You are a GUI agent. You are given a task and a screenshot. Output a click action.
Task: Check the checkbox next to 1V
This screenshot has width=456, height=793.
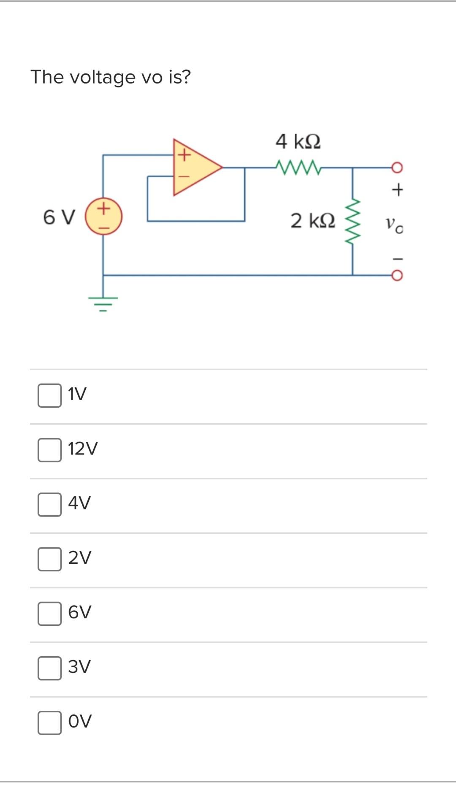point(49,395)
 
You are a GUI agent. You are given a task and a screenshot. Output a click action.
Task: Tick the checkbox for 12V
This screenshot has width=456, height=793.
point(49,450)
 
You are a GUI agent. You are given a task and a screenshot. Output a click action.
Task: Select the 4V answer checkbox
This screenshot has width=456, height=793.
point(49,504)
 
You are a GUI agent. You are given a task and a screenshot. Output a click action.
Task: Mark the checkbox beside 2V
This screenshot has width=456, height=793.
point(49,559)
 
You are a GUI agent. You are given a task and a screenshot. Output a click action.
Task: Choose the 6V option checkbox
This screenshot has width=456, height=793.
point(49,613)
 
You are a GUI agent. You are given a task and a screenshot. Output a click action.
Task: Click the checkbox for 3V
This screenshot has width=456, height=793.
point(49,668)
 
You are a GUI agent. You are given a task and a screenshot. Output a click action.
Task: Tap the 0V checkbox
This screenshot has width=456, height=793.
point(49,722)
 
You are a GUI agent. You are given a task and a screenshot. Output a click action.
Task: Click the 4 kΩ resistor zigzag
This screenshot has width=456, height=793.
point(299,167)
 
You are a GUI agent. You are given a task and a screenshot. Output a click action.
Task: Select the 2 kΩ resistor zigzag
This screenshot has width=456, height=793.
point(353,222)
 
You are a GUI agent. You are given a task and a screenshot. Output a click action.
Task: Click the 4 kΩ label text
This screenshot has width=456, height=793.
point(298,141)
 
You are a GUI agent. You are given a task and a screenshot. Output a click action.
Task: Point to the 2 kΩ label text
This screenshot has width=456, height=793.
point(313,221)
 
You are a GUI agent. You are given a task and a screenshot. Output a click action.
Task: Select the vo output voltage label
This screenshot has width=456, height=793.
point(394,224)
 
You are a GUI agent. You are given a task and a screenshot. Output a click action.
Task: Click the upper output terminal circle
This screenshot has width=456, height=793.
point(397,168)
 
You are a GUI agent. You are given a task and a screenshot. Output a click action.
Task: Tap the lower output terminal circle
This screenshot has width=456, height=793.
point(397,276)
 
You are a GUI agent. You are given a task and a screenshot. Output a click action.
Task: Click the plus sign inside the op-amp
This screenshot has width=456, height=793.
point(183,155)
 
